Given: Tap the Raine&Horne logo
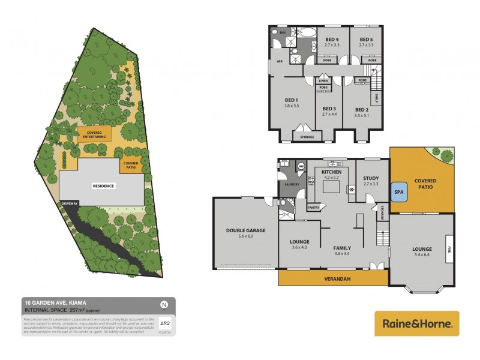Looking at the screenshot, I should (x=417, y=323).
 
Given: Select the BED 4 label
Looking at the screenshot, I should (x=332, y=39).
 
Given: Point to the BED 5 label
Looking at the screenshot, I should (x=367, y=39).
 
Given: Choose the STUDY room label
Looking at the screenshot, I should (x=371, y=178).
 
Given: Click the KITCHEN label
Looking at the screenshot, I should (x=332, y=172).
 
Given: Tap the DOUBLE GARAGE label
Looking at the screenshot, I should (x=246, y=230).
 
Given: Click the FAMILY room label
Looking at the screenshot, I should (x=342, y=248).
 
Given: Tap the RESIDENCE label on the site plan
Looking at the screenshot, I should (x=103, y=186).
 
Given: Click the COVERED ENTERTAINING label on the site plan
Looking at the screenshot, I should (x=95, y=134).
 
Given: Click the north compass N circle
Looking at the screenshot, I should (x=164, y=303).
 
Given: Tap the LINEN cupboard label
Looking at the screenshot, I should (x=323, y=80).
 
